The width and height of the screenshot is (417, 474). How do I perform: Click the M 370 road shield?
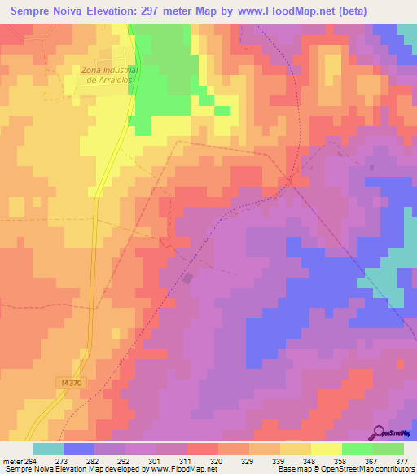[72, 382]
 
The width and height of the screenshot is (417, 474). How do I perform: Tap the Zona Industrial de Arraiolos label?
[110, 75]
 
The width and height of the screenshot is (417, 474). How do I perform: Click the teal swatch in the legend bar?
[48, 449]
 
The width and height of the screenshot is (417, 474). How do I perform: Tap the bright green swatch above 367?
[357, 449]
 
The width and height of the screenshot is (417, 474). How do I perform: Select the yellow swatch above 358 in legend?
[326, 449]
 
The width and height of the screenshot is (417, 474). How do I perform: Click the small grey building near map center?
[189, 279]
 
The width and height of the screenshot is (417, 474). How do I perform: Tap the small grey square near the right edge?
[372, 168]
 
